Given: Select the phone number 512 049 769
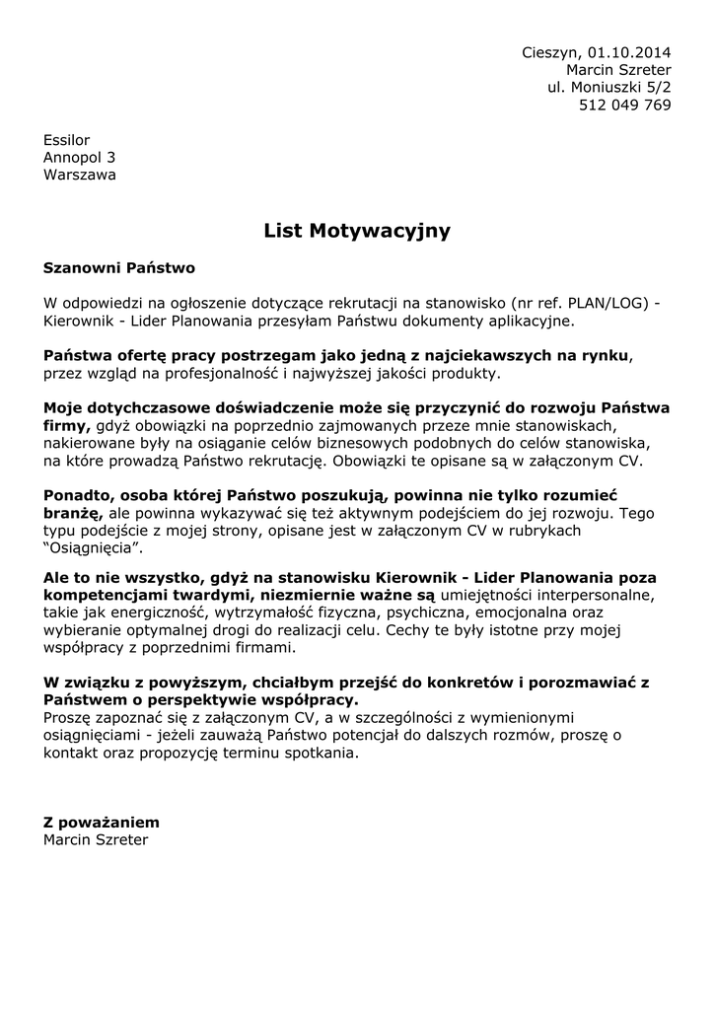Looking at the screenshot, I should pyautogui.click(x=624, y=106).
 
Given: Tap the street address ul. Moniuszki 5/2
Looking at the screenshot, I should pyautogui.click(x=609, y=88).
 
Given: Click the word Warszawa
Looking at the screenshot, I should pyautogui.click(x=79, y=175).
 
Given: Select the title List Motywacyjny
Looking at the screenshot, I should pyautogui.click(x=357, y=231).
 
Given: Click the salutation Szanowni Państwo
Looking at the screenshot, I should pyautogui.click(x=119, y=267).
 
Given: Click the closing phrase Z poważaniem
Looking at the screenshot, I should pyautogui.click(x=101, y=822).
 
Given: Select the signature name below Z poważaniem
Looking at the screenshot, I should pyautogui.click(x=96, y=839).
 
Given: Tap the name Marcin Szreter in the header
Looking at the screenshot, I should pyautogui.click(x=618, y=70).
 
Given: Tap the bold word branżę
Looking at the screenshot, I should pyautogui.click(x=72, y=513).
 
